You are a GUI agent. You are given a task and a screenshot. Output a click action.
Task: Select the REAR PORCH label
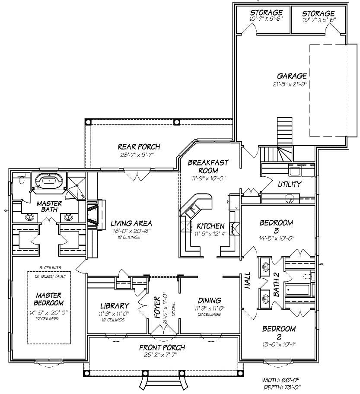click(139, 147)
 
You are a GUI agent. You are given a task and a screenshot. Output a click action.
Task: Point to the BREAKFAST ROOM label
click(208, 166)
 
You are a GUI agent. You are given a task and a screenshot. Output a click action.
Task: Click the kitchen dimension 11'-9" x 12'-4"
click(210, 234)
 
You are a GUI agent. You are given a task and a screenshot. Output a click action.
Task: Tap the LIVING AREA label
click(131, 223)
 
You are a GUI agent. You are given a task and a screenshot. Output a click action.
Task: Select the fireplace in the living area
click(93, 214)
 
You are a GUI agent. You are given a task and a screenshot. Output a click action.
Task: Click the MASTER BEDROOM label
click(49, 299)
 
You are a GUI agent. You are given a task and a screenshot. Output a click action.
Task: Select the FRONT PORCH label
click(162, 347)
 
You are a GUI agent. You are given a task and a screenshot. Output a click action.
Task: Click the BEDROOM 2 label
click(279, 333)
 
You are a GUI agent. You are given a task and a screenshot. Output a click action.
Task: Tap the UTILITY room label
click(290, 184)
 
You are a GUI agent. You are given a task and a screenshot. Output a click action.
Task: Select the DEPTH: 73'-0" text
click(281, 386)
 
